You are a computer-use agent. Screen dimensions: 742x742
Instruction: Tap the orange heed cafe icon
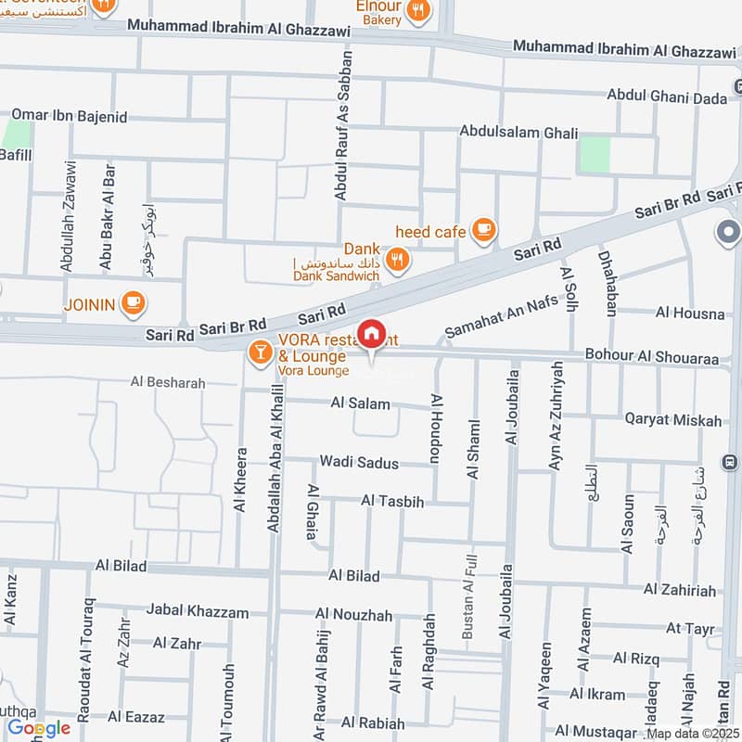482,230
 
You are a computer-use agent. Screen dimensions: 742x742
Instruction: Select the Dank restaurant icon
398,261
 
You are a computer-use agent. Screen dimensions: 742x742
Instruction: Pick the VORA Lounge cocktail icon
260,352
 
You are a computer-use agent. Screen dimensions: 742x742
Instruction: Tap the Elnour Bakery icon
419,11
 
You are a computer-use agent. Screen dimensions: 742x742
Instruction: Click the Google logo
39,728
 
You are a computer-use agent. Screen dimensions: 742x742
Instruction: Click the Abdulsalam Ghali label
519,133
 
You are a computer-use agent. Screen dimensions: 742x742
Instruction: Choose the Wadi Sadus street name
359,462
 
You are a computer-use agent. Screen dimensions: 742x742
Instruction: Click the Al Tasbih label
392,502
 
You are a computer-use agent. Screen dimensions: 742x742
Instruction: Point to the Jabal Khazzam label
198,612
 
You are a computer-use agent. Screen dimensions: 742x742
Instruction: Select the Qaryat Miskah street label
672,420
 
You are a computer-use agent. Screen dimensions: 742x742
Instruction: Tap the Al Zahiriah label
680,590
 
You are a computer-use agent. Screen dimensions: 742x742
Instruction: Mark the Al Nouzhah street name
353,614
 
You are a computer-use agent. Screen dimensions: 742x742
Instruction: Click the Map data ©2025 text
691,733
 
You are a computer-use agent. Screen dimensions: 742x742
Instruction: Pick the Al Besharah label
168,381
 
